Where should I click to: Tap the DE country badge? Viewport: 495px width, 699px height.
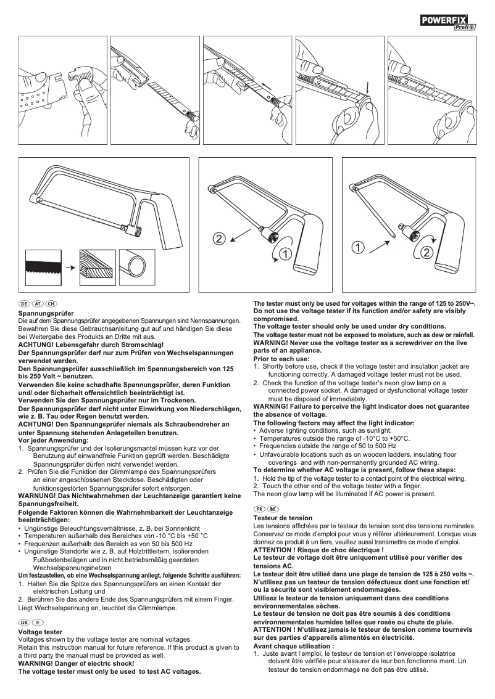point(24,305)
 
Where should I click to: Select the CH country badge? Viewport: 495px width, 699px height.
point(51,305)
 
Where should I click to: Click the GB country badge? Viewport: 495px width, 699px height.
point(24,623)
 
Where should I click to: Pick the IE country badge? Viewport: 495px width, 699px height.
point(38,623)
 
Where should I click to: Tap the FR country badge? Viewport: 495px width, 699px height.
point(259,509)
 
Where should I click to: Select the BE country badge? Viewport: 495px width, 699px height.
point(273,509)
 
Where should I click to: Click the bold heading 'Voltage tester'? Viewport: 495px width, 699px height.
point(40,632)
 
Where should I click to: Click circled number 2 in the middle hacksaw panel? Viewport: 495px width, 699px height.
point(219,238)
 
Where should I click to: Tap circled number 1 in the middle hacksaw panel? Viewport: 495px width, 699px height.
point(284,253)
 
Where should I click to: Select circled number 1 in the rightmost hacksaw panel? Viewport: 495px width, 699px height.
point(357,248)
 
